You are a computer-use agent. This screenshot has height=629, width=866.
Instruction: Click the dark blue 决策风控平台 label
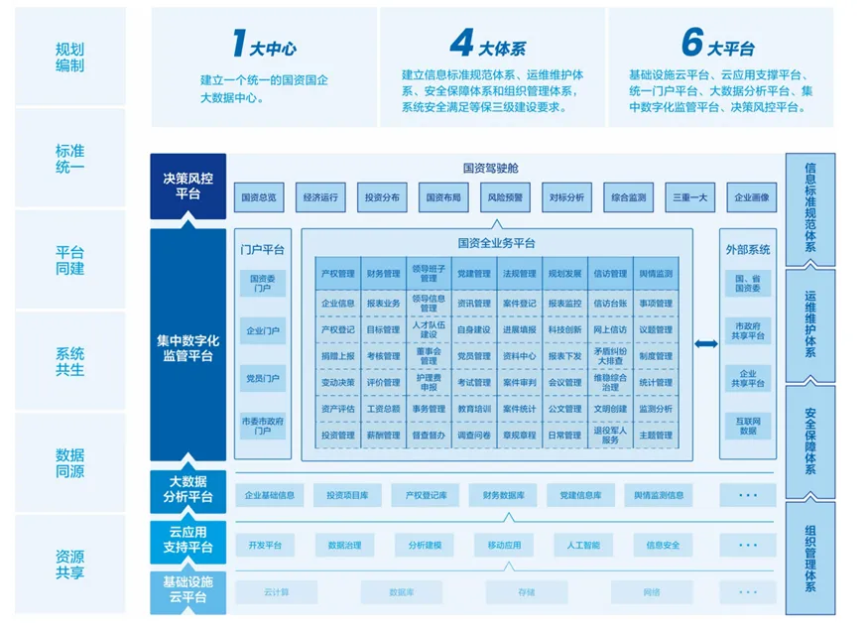(x=188, y=186)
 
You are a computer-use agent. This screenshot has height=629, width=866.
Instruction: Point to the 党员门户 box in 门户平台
(x=262, y=378)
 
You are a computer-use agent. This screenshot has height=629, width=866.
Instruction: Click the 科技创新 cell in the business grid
(x=564, y=329)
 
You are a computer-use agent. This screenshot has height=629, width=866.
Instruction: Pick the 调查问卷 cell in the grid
(x=473, y=435)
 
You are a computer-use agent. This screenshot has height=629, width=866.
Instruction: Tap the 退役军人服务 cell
(x=610, y=435)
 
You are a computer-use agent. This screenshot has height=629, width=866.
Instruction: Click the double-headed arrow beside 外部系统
(x=705, y=344)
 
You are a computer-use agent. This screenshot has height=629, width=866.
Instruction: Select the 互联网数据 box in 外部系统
(x=747, y=426)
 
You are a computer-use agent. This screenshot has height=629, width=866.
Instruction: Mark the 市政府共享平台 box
(x=747, y=330)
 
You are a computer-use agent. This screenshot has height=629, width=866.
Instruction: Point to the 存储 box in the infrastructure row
(x=525, y=592)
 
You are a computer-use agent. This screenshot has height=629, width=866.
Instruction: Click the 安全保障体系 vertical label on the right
(x=810, y=440)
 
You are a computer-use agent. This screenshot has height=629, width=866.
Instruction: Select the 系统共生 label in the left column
(x=70, y=361)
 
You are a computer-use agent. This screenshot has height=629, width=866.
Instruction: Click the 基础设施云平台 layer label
(x=188, y=589)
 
